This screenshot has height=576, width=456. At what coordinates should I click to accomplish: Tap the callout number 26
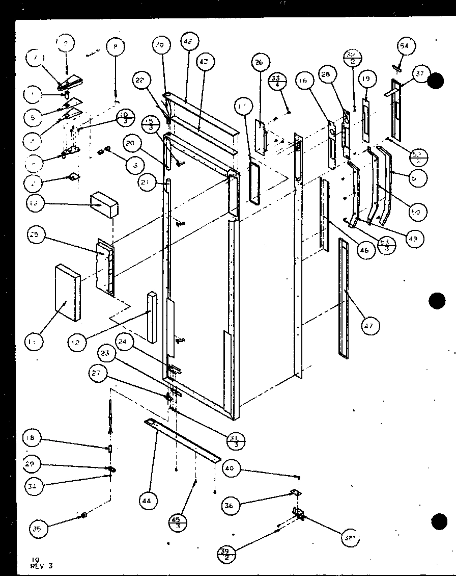point(259,63)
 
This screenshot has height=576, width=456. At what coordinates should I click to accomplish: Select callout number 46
point(364,250)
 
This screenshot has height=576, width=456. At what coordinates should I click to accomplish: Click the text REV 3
point(42,565)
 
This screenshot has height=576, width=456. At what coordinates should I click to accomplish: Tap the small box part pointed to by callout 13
point(104,204)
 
